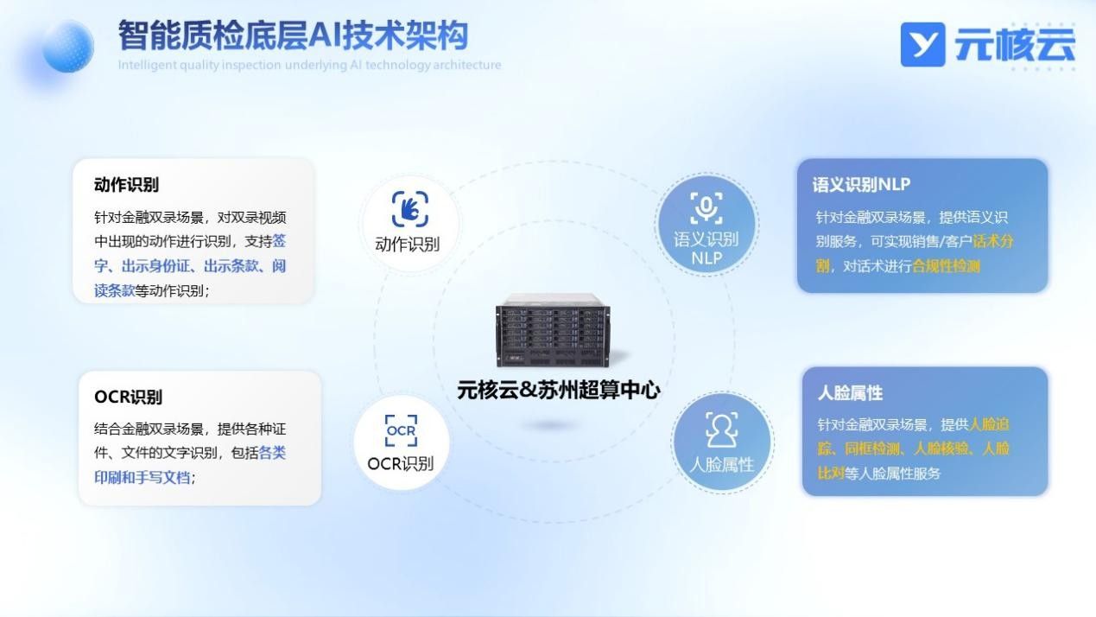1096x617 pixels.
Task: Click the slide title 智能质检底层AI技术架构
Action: (x=293, y=35)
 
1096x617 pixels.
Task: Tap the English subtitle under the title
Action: (x=309, y=65)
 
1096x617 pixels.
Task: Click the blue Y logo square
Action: (x=922, y=44)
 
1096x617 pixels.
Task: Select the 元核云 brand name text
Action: (x=1015, y=44)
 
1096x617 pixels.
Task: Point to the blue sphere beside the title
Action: (x=68, y=47)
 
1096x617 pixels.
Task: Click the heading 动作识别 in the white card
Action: (x=126, y=185)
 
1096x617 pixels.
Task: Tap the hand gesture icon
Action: (x=410, y=208)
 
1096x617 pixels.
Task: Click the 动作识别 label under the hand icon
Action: (x=407, y=244)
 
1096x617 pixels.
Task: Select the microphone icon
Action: (x=706, y=207)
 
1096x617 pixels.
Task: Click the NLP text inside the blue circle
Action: (x=706, y=258)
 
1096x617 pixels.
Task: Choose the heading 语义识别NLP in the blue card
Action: (x=861, y=185)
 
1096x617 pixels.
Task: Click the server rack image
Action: (x=553, y=330)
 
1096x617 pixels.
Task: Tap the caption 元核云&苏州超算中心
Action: (x=558, y=390)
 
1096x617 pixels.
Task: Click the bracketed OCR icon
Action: (x=402, y=430)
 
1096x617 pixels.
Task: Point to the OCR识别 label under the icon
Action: (x=400, y=463)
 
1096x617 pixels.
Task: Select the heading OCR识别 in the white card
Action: (x=128, y=397)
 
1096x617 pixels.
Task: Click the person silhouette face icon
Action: (x=722, y=429)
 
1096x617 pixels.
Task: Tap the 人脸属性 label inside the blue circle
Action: (x=722, y=464)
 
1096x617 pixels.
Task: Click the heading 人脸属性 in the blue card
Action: (x=850, y=392)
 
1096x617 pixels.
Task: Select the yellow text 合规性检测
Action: (x=947, y=266)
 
